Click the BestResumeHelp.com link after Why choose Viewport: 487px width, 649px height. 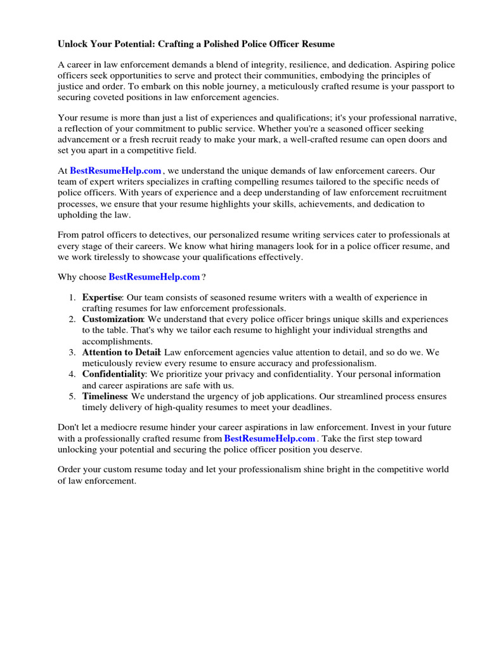pos(154,277)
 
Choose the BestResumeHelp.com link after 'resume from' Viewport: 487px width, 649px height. pos(269,439)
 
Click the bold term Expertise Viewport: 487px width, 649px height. pos(101,297)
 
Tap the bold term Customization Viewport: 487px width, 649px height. pos(112,319)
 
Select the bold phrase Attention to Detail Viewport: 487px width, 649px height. pos(122,352)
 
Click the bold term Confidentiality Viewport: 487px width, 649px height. pos(114,375)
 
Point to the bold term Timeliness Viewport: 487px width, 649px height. pos(105,397)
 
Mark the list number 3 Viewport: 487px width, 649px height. pos(73,352)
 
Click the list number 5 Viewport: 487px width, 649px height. pos(73,397)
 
